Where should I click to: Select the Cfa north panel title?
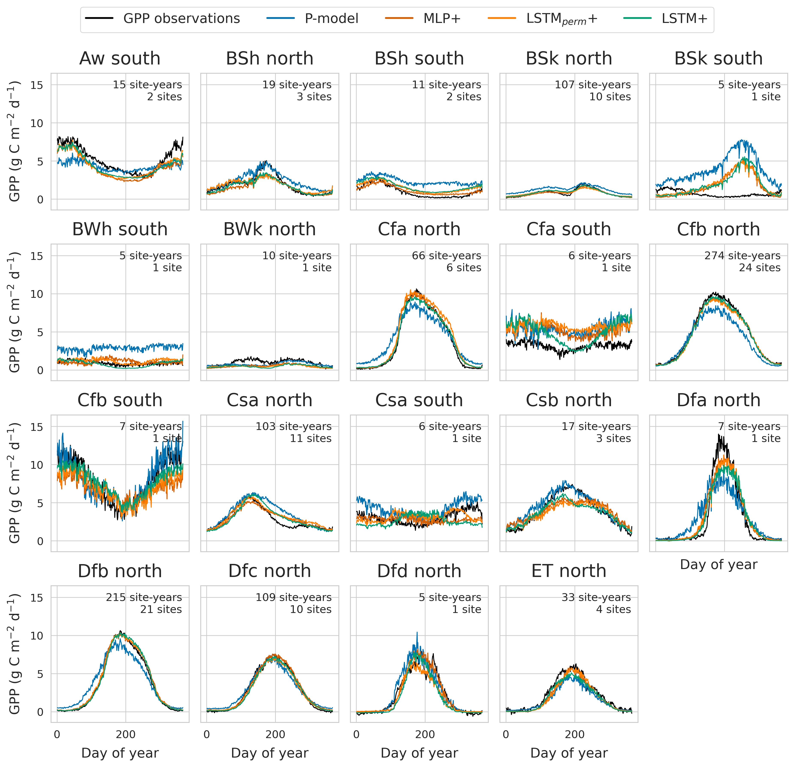pyautogui.click(x=419, y=229)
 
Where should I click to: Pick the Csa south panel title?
pyautogui.click(x=419, y=400)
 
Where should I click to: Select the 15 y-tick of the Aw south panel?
pyautogui.click(x=36, y=85)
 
